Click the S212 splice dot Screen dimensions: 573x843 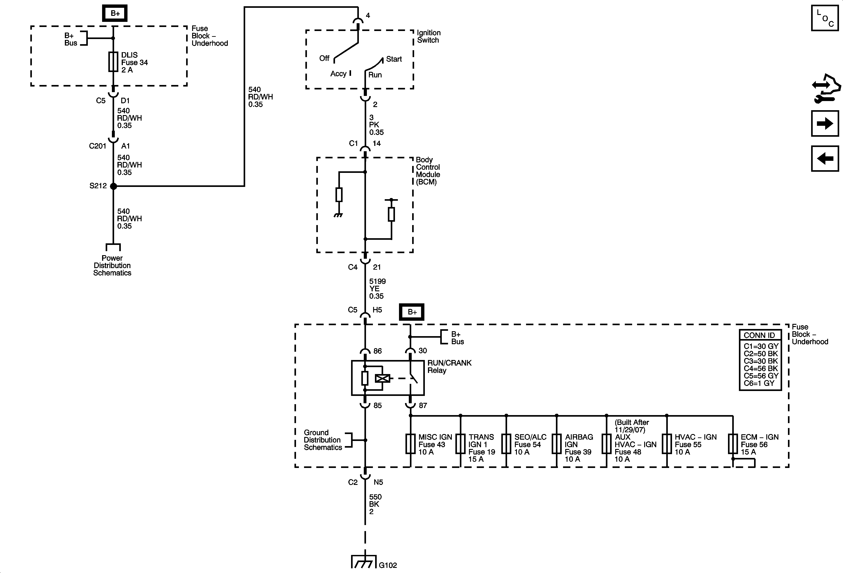tap(113, 186)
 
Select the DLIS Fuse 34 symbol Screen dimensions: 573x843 tap(113, 62)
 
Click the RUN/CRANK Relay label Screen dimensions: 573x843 tap(449, 366)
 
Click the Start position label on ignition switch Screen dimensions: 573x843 tap(394, 59)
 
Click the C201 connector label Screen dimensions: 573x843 tap(98, 146)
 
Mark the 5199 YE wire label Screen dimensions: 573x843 tap(377, 288)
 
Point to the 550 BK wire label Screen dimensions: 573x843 tap(375, 504)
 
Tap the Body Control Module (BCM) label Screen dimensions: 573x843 tap(428, 171)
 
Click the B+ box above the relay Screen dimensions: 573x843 tap(412, 312)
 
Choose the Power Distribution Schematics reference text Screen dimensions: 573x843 tap(112, 265)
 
